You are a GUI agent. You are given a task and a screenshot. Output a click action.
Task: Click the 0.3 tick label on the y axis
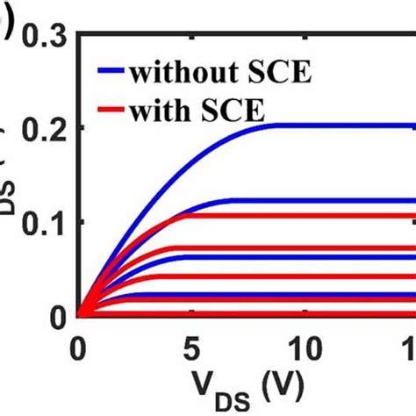42,36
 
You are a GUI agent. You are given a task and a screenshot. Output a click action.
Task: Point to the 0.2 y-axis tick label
42,129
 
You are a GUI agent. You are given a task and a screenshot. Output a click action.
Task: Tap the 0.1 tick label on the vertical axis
42,222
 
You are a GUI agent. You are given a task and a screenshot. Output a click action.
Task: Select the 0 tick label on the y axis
57,315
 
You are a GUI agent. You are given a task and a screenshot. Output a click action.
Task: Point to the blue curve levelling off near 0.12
351,201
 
